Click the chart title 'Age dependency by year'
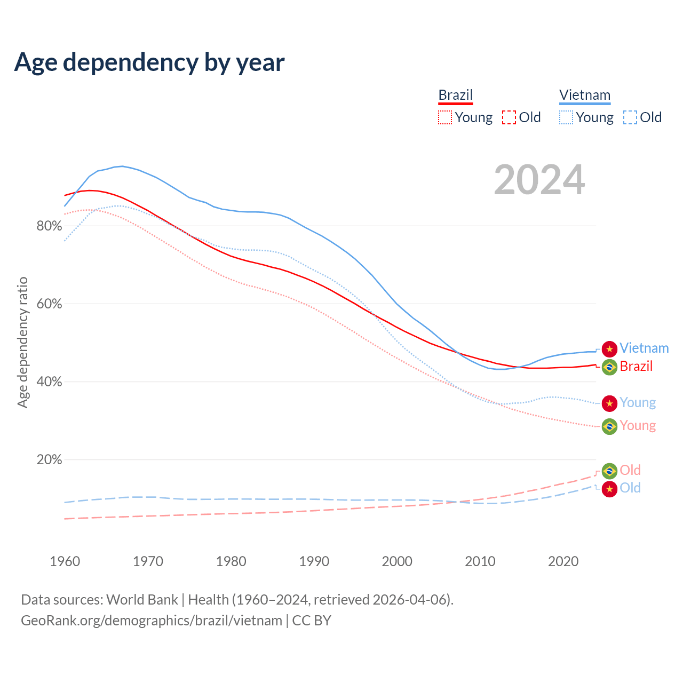(x=149, y=62)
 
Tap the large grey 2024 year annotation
(x=539, y=180)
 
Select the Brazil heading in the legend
(x=456, y=95)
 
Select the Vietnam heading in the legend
(x=585, y=95)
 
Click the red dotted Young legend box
(x=445, y=117)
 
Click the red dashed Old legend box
(x=509, y=117)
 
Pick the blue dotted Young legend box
(x=566, y=117)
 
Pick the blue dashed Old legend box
(x=630, y=117)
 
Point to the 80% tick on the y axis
(x=49, y=226)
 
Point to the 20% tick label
(x=49, y=460)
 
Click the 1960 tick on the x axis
(x=65, y=561)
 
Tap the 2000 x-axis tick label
(x=397, y=561)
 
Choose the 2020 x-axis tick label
(x=563, y=561)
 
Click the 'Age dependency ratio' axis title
(x=22, y=342)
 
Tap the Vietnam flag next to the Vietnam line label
(x=609, y=349)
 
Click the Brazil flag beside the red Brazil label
(x=609, y=367)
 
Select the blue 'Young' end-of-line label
(x=638, y=403)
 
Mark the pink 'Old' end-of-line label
(x=630, y=470)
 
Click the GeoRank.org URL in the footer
(x=152, y=621)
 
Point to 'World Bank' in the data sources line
(x=142, y=600)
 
